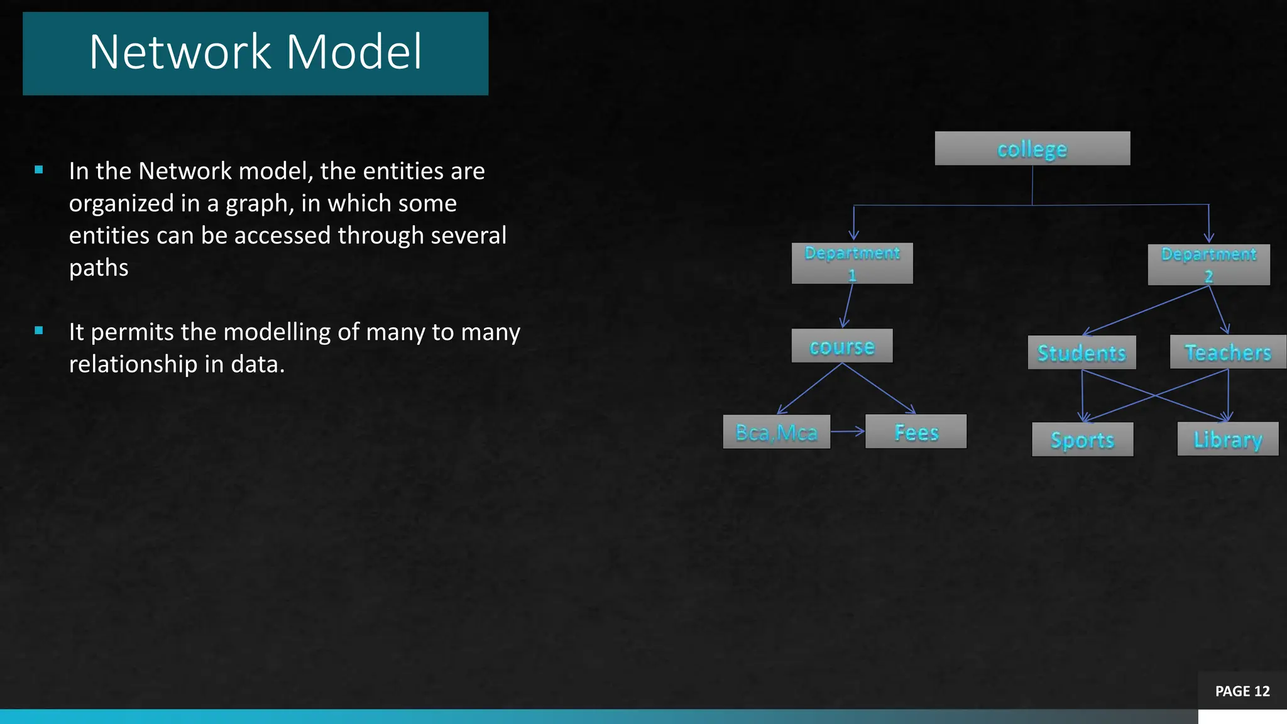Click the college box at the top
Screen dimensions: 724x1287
(1032, 148)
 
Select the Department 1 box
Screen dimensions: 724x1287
(852, 263)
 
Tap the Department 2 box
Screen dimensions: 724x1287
(1208, 265)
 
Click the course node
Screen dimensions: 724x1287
(841, 346)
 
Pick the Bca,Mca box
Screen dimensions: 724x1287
(776, 432)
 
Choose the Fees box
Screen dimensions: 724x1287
(916, 432)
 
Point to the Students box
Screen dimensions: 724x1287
(1082, 353)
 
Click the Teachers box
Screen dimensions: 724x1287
(1227, 352)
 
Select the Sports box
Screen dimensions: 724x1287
(1082, 439)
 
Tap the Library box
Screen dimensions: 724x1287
(1227, 439)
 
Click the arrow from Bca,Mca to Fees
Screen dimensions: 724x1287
(848, 431)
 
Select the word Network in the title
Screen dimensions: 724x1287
(180, 52)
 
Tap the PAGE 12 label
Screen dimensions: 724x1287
(1242, 691)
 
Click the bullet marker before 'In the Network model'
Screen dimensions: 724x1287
(39, 170)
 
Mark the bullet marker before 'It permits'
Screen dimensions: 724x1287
(39, 331)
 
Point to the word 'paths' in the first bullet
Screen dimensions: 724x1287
(99, 268)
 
